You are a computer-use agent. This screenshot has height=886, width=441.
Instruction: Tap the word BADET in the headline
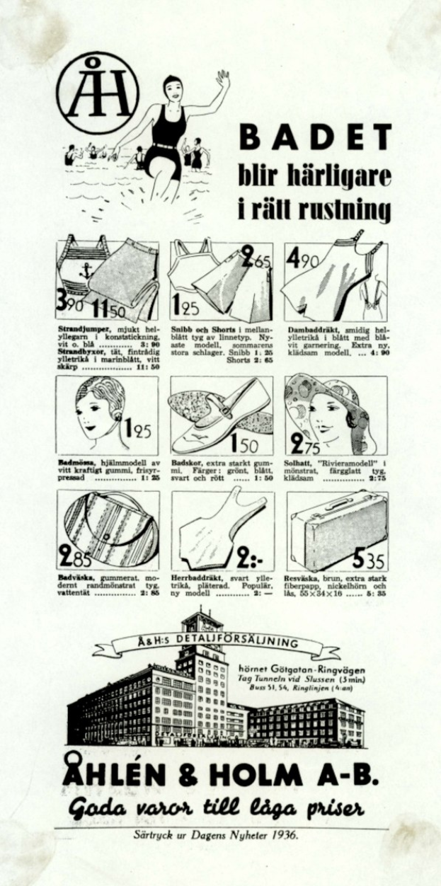pos(314,137)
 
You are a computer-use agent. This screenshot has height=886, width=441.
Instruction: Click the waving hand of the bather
pos(223,79)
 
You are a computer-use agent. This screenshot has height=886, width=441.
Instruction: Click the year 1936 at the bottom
pos(285,835)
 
